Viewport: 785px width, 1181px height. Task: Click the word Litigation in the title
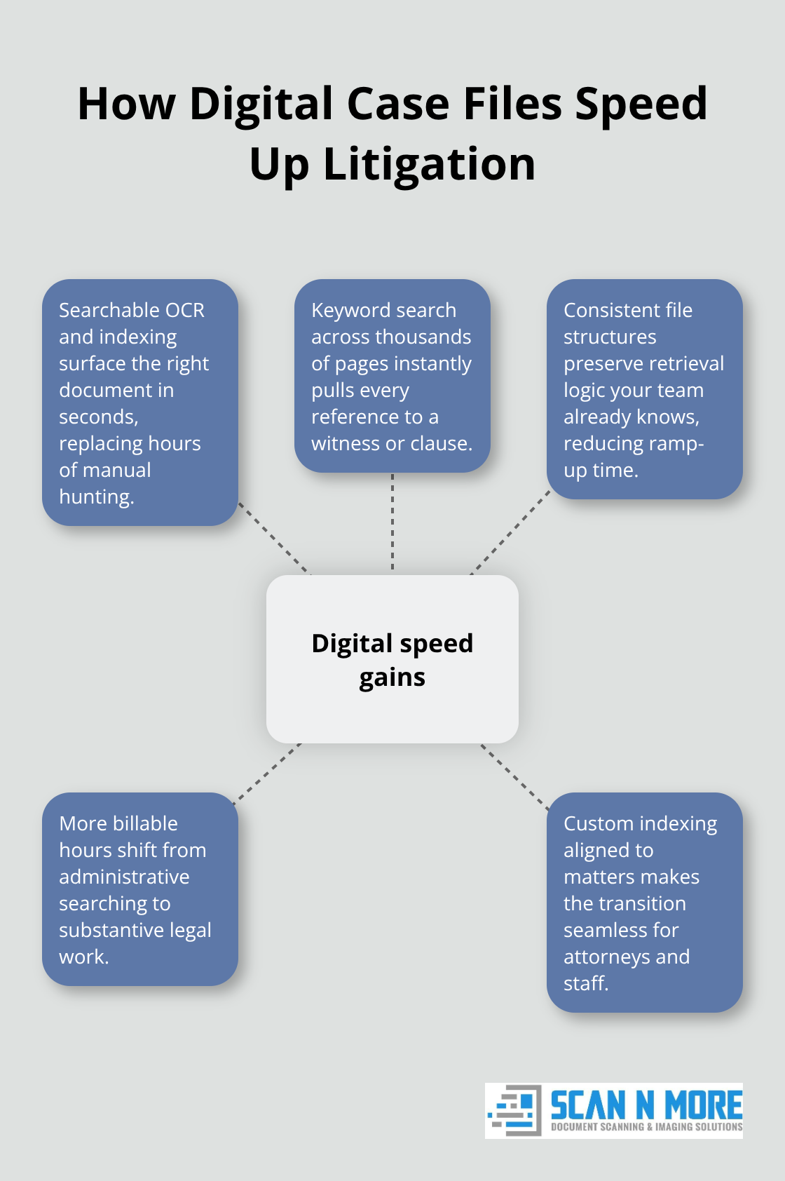[x=430, y=164]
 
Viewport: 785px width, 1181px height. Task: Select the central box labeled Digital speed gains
[x=392, y=659]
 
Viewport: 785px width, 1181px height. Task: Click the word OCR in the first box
[x=184, y=310]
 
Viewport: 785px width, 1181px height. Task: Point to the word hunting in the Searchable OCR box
[x=97, y=497]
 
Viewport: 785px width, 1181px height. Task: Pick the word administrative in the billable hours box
[x=124, y=877]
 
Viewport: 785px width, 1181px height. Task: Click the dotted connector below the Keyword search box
[x=392, y=522]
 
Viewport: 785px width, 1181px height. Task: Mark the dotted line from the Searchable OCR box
[x=274, y=538]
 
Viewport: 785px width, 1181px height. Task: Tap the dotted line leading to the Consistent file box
[x=510, y=532]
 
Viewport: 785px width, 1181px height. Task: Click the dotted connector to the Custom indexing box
[x=514, y=776]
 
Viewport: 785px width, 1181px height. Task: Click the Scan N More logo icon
[x=514, y=1110]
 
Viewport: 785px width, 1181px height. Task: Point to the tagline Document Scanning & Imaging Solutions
[x=646, y=1127]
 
